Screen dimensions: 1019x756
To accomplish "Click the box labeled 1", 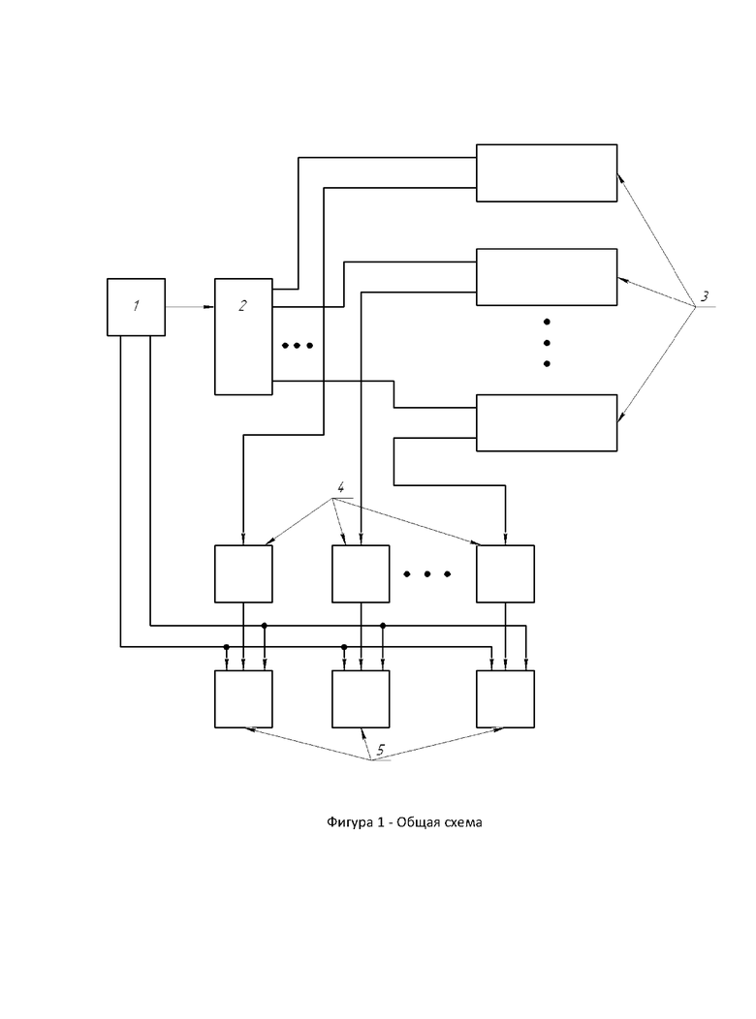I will point(136,307).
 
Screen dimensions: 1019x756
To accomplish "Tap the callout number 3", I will point(706,295).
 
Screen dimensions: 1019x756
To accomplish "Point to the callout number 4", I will point(339,487).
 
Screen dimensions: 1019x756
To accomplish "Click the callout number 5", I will point(381,750).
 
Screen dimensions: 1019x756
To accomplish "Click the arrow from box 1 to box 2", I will point(190,307).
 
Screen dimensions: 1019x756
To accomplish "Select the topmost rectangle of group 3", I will point(547,173).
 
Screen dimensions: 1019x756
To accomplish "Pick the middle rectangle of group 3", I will point(547,278).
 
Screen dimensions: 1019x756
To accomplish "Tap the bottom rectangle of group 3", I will point(547,422).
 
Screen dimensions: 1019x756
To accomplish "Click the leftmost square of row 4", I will point(243,574).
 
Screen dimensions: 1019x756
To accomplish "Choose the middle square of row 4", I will point(361,574).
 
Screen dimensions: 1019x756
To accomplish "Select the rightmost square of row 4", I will point(505,574).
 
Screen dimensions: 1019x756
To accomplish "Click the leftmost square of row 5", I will point(243,698).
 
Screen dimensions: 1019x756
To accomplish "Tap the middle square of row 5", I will point(361,698).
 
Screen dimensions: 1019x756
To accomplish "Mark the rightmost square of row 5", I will point(505,698).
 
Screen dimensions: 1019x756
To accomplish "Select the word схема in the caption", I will point(459,823).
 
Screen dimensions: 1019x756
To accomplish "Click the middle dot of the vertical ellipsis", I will point(547,343).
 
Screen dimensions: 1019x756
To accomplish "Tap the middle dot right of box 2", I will point(297,346).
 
